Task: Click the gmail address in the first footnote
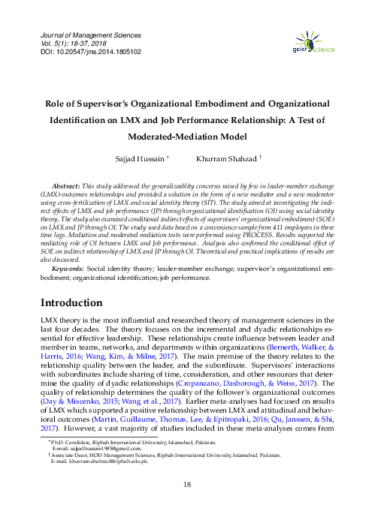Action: [x=89, y=469]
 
